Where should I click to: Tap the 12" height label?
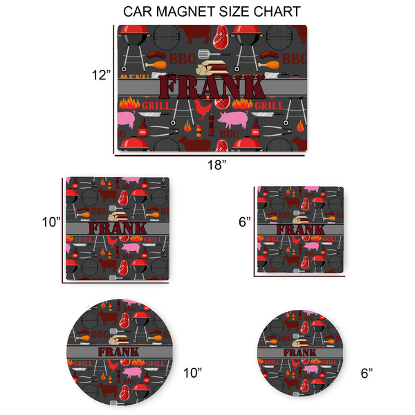click(101, 75)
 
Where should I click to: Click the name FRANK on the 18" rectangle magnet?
click(212, 87)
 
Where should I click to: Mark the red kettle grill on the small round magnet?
click(317, 340)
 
